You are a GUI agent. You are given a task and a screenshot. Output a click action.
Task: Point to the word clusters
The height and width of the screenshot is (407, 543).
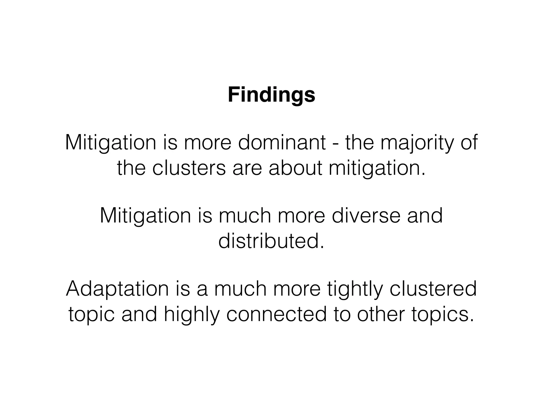pyautogui.click(x=189, y=168)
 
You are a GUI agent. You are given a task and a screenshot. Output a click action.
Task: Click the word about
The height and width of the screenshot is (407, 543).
pyautogui.click(x=295, y=168)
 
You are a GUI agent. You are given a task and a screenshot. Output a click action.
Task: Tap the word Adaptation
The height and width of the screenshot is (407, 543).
pyautogui.click(x=117, y=289)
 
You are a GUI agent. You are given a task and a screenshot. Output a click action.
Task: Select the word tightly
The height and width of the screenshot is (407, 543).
pyautogui.click(x=355, y=289)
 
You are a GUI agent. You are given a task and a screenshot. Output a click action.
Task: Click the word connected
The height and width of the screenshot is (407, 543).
pyautogui.click(x=276, y=314)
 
